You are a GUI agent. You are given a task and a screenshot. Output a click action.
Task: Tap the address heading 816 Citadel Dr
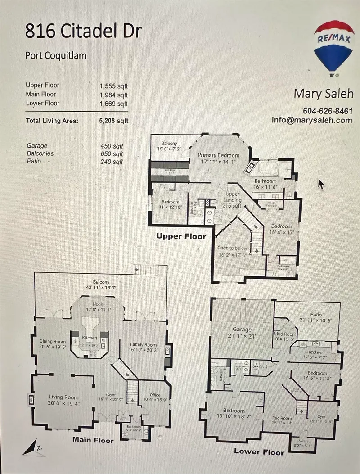click(x=83, y=31)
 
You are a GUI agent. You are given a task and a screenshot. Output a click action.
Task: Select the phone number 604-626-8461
click(x=327, y=111)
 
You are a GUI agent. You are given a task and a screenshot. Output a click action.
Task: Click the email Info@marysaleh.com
click(x=311, y=120)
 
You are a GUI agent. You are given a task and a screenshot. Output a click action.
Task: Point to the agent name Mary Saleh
click(x=323, y=94)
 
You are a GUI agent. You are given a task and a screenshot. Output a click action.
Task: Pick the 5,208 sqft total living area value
click(x=113, y=121)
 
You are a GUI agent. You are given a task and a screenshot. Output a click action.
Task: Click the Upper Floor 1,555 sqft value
click(x=113, y=86)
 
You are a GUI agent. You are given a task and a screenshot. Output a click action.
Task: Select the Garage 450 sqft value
click(x=112, y=146)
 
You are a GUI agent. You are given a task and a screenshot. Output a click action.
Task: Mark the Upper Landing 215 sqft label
click(x=232, y=200)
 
